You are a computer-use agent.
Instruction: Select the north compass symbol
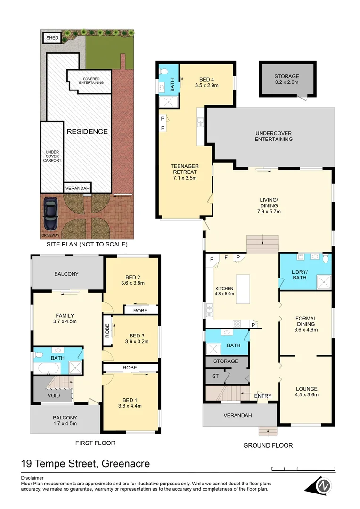322,485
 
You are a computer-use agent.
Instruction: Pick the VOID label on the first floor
54,395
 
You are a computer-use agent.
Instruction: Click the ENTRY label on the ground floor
262,396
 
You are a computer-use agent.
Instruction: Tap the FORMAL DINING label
306,324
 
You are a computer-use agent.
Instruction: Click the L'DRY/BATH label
300,275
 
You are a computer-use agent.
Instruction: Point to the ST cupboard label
214,376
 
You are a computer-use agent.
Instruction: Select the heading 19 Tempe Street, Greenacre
86,464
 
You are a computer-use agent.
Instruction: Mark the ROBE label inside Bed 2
140,311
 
